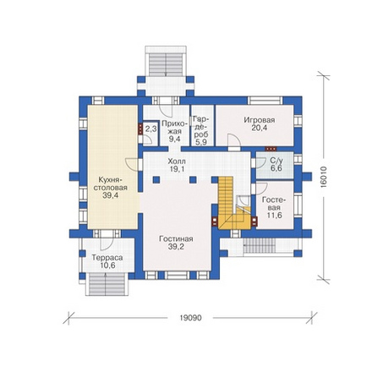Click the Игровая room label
[260, 120]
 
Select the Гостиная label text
[176, 239]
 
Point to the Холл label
[177, 161]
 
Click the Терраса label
[107, 258]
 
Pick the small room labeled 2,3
[150, 129]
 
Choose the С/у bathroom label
[276, 161]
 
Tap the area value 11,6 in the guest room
[275, 216]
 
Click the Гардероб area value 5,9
[201, 143]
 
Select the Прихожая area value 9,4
[174, 139]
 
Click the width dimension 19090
[190, 318]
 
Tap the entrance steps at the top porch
[166, 64]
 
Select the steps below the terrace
[107, 284]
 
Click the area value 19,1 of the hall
[177, 169]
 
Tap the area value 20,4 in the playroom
[260, 128]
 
